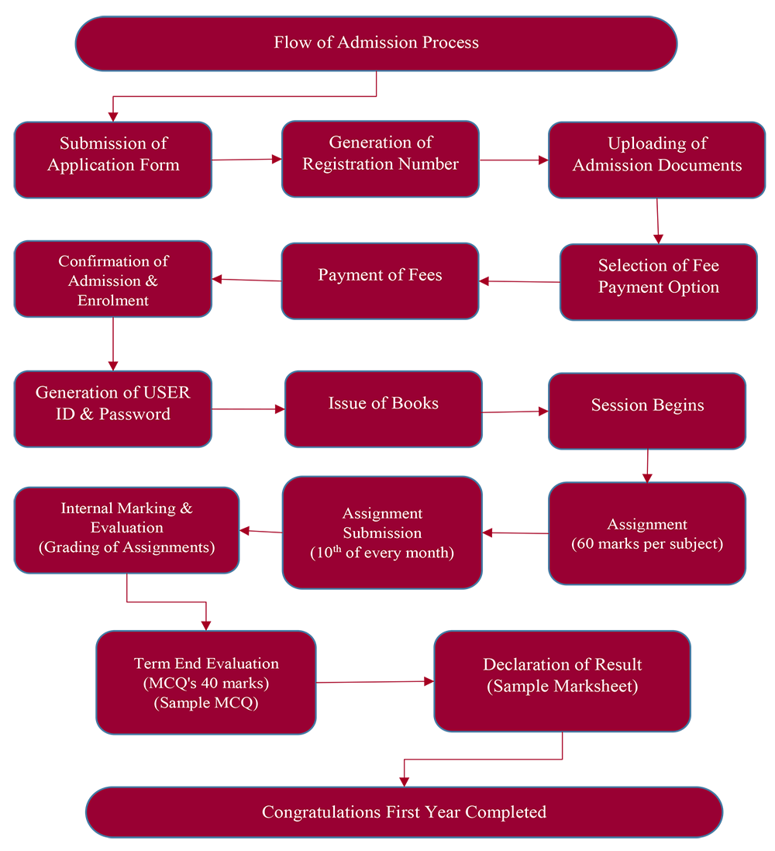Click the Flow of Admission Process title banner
pyautogui.click(x=376, y=43)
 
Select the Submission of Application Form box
pyautogui.click(x=113, y=159)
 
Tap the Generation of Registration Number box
pyautogui.click(x=380, y=158)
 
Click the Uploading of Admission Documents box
pyautogui.click(x=656, y=159)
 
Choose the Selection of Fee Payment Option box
pyautogui.click(x=658, y=281)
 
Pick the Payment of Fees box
pyautogui.click(x=380, y=281)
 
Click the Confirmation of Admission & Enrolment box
pyautogui.click(x=113, y=279)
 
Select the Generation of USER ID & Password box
pyautogui.click(x=113, y=408)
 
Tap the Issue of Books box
pyautogui.click(x=383, y=408)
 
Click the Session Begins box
pyautogui.click(x=647, y=411)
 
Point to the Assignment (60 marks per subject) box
pyautogui.click(x=647, y=533)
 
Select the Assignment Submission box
pyautogui.click(x=382, y=532)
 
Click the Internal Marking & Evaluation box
pyautogui.click(x=126, y=530)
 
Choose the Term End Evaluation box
pyautogui.click(x=206, y=682)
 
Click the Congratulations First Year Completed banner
pyautogui.click(x=404, y=812)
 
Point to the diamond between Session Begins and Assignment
pyautogui.click(x=647, y=467)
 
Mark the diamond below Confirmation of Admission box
pyautogui.click(x=113, y=343)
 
